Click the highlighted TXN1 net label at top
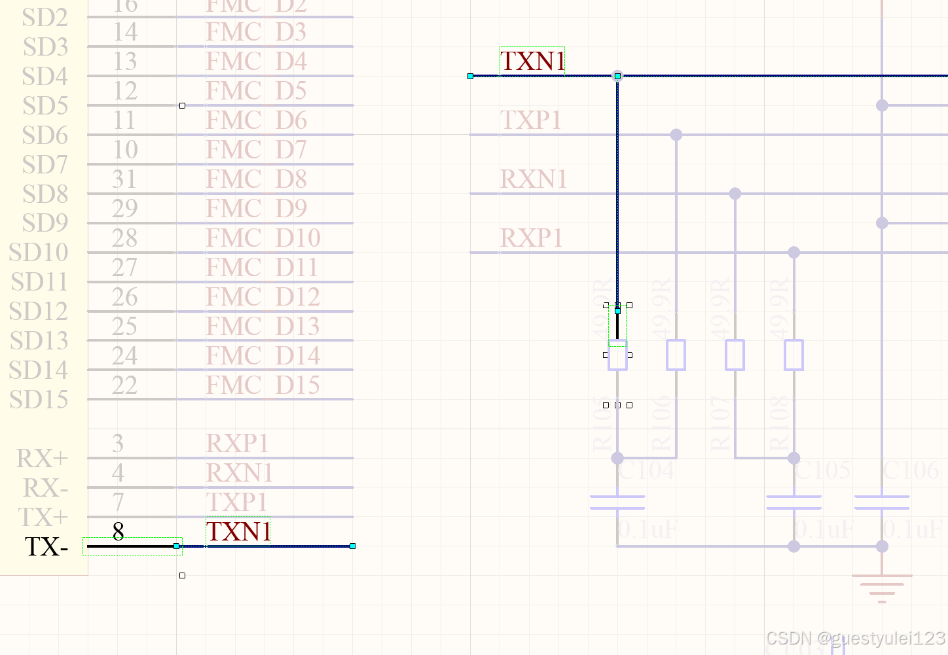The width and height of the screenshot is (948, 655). click(x=532, y=62)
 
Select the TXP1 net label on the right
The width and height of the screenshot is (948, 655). click(x=530, y=120)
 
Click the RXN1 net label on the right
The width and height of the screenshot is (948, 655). click(x=533, y=179)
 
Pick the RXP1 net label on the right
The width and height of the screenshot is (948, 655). click(x=531, y=238)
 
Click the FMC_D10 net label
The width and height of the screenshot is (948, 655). click(x=263, y=238)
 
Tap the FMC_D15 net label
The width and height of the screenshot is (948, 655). click(x=263, y=385)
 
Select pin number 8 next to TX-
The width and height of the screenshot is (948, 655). click(x=118, y=532)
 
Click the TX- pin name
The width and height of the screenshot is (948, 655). click(x=46, y=547)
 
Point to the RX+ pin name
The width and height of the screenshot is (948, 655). click(x=42, y=459)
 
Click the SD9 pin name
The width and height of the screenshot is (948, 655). click(x=45, y=223)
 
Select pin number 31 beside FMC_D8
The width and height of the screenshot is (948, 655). click(x=124, y=179)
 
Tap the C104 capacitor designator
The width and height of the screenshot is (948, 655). click(x=646, y=470)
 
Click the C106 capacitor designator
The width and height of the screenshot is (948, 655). click(x=911, y=470)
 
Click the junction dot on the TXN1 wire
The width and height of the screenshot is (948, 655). click(x=617, y=76)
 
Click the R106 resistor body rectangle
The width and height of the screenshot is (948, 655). click(x=676, y=355)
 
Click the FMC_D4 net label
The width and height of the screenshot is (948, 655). click(x=256, y=62)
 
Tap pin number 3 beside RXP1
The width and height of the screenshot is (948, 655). click(x=118, y=444)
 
